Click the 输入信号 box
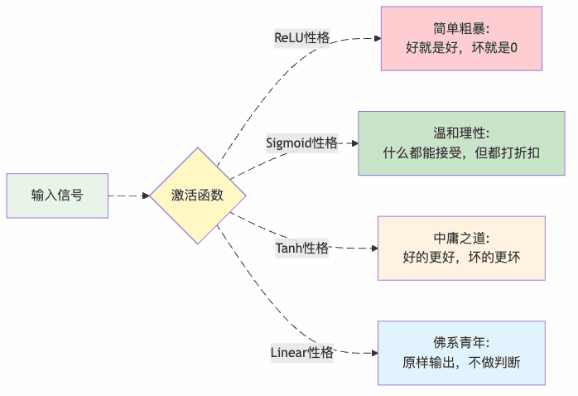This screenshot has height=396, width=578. [x=57, y=196]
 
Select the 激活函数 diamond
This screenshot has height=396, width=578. [x=198, y=196]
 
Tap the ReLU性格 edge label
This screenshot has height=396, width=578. [x=301, y=38]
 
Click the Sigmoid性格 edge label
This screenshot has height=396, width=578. [x=302, y=142]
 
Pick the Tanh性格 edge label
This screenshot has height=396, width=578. [x=302, y=248]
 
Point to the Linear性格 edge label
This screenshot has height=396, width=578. [x=302, y=352]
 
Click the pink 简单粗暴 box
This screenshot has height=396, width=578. [x=461, y=38]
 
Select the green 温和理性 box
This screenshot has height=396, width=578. [x=461, y=142]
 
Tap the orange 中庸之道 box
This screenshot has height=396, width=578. [x=461, y=248]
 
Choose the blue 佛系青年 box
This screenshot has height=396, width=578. [x=461, y=352]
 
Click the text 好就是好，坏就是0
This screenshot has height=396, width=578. [x=461, y=48]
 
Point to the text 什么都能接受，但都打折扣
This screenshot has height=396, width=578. [x=461, y=153]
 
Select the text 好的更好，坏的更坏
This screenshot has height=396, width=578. [x=461, y=258]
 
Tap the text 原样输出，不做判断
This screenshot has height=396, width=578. [x=461, y=362]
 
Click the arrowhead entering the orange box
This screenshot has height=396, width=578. [x=373, y=248]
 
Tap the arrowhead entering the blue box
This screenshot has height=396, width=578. [x=373, y=352]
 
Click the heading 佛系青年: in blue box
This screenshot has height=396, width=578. [x=461, y=342]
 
